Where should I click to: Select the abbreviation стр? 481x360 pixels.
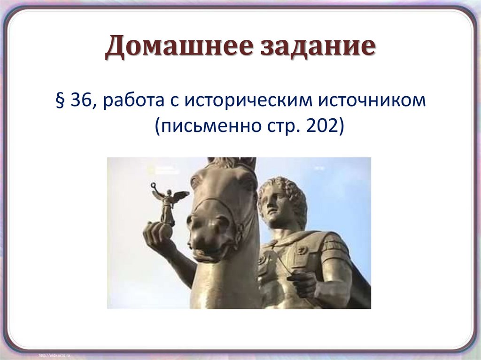tap(276, 126)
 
